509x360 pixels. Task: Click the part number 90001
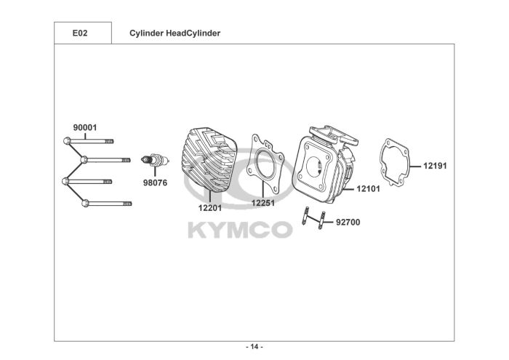pyautogui.click(x=84, y=127)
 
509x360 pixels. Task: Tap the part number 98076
pyautogui.click(x=155, y=183)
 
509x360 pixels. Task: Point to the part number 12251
pyautogui.click(x=262, y=204)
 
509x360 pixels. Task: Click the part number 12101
pyautogui.click(x=368, y=189)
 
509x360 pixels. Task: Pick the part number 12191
pyautogui.click(x=435, y=166)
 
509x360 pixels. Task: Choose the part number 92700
pyautogui.click(x=348, y=223)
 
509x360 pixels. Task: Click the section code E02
pyautogui.click(x=81, y=33)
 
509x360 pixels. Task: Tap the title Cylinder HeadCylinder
pyautogui.click(x=175, y=33)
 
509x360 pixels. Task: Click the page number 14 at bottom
pyautogui.click(x=254, y=346)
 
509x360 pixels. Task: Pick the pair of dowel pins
pyautogui.click(x=311, y=219)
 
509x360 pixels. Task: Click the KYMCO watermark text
pyautogui.click(x=240, y=230)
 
